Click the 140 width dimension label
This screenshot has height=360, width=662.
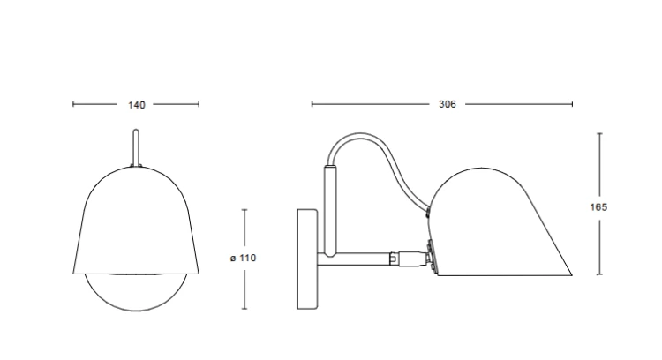click(x=136, y=105)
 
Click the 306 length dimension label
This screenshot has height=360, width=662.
click(x=448, y=104)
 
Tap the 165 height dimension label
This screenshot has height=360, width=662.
click(x=598, y=207)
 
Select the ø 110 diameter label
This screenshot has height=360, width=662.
click(x=244, y=258)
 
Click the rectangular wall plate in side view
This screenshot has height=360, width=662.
click(x=308, y=259)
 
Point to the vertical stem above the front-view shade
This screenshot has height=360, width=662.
click(x=136, y=147)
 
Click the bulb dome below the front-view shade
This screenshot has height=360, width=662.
click(x=136, y=296)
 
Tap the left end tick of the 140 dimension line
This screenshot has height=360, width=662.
click(x=73, y=104)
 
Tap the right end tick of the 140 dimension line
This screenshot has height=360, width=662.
click(x=199, y=104)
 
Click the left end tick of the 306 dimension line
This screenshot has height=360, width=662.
click(x=312, y=104)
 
